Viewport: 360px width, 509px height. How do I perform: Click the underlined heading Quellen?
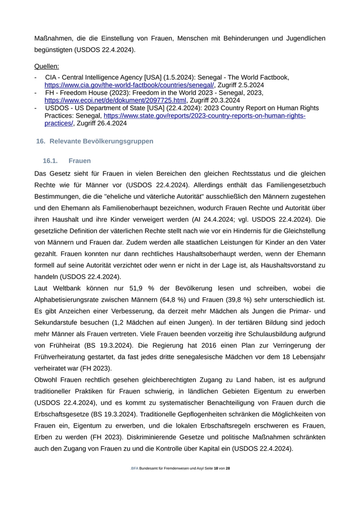point(46,66)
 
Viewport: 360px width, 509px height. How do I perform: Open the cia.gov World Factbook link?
point(129,85)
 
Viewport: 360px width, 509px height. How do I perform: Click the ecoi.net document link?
point(115,100)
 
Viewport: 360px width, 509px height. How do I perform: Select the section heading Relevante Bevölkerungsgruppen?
point(101,141)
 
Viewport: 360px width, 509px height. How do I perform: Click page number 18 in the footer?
point(215,469)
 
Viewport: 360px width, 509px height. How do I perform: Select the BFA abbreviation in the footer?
point(135,469)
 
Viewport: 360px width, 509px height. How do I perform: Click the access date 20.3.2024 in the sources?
point(222,100)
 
